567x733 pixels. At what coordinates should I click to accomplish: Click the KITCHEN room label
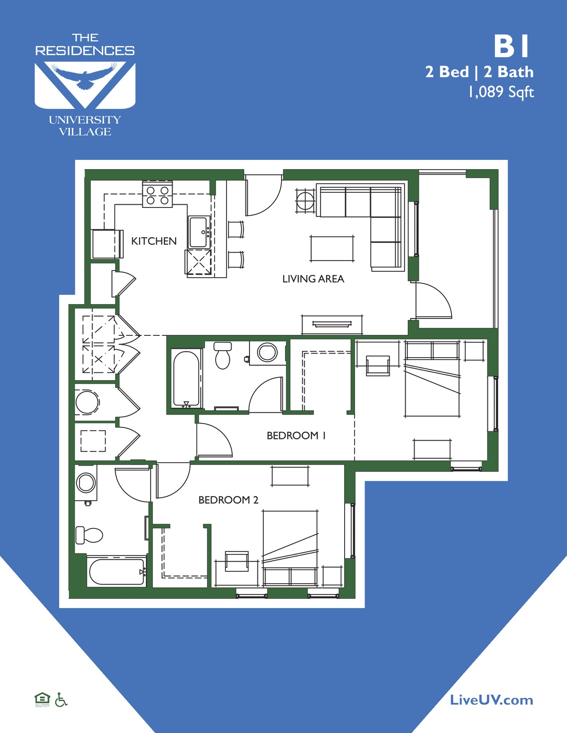154,241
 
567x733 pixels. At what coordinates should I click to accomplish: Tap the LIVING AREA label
313,279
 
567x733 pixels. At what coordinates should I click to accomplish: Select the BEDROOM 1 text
296,436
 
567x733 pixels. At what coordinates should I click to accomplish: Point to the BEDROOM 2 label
228,500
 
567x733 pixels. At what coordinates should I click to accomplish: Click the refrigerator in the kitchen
105,244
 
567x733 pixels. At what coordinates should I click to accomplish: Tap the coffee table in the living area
332,248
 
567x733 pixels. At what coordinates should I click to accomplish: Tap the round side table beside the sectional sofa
306,200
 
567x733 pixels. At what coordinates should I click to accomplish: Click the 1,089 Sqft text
501,92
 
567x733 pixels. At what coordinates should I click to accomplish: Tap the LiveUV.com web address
491,701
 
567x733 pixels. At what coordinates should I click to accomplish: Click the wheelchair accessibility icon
61,700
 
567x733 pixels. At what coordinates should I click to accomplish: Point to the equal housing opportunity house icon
42,699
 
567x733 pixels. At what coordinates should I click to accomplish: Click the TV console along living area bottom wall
332,324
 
